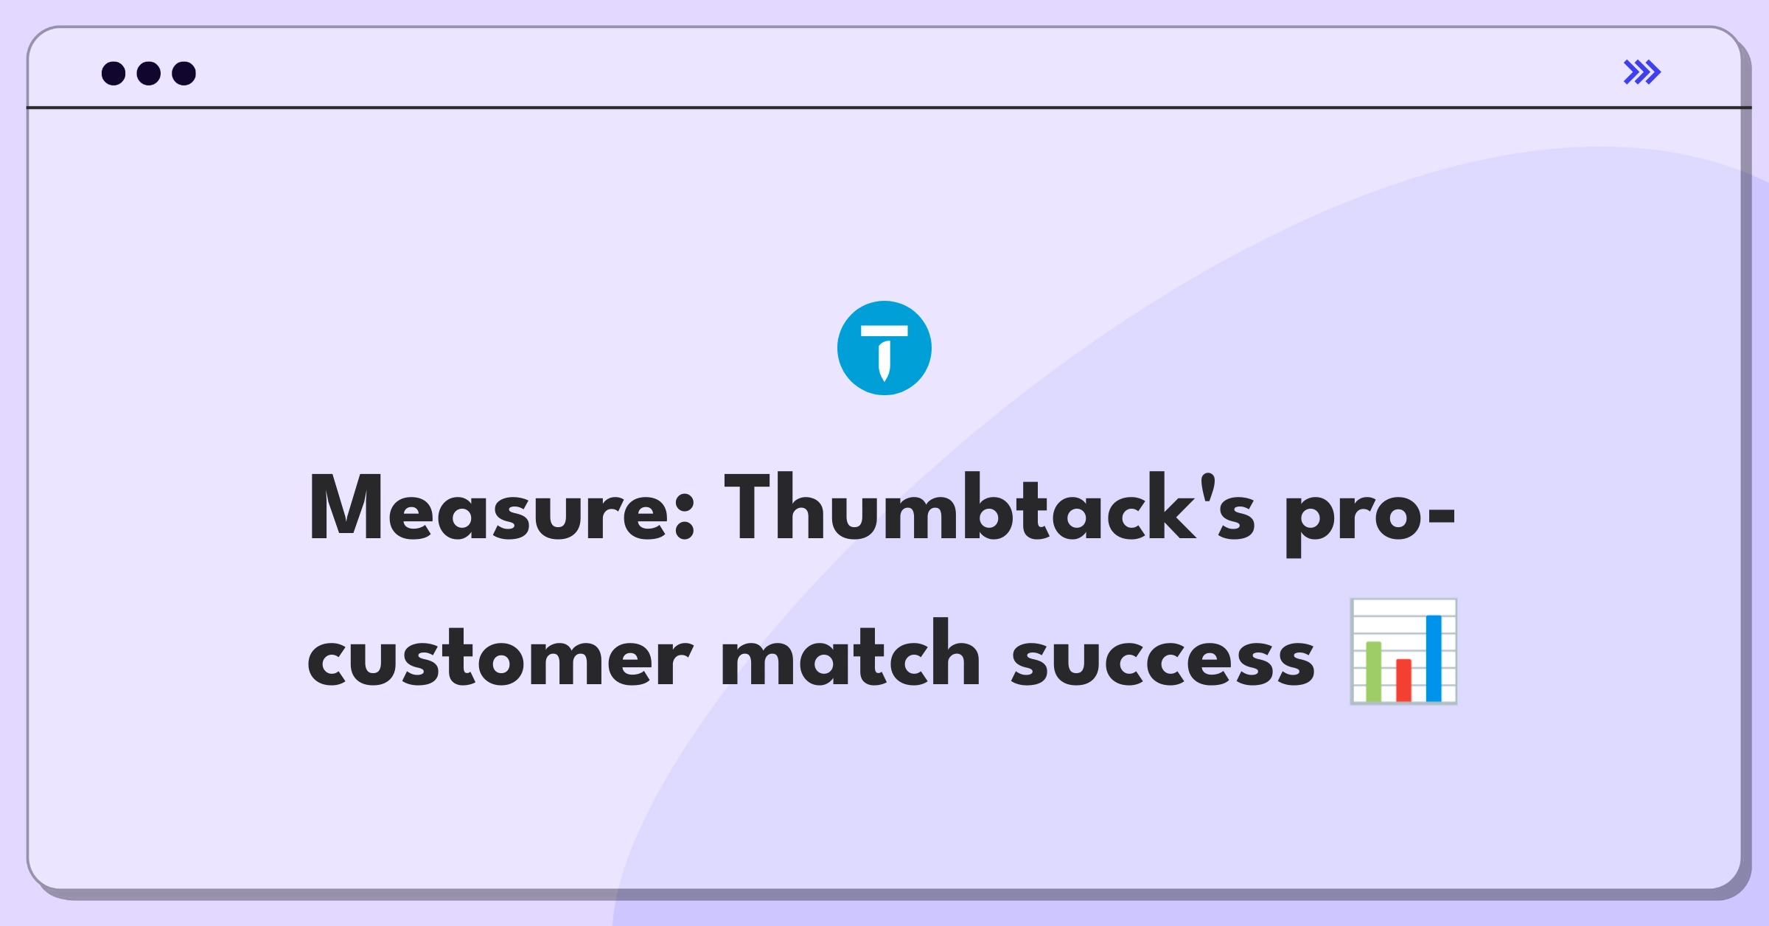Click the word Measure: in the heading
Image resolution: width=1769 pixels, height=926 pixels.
(x=502, y=507)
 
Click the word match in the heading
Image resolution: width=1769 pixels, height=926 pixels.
(x=851, y=652)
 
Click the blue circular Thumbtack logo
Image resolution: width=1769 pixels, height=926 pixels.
(x=884, y=348)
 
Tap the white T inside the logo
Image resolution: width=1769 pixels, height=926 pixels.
(x=884, y=353)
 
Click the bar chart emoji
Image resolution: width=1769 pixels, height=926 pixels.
(x=1403, y=652)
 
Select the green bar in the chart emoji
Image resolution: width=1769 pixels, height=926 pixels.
(x=1373, y=671)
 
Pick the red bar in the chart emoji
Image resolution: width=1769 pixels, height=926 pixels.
(x=1403, y=680)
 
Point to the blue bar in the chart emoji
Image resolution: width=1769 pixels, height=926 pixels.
(x=1434, y=658)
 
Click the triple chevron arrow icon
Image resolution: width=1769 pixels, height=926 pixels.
(x=1642, y=72)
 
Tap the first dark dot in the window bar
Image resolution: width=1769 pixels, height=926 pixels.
(x=114, y=73)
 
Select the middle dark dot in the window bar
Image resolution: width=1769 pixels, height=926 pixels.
(x=149, y=73)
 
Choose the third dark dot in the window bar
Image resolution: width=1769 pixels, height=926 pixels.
(x=184, y=73)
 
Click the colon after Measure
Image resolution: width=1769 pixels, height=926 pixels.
(x=685, y=517)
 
